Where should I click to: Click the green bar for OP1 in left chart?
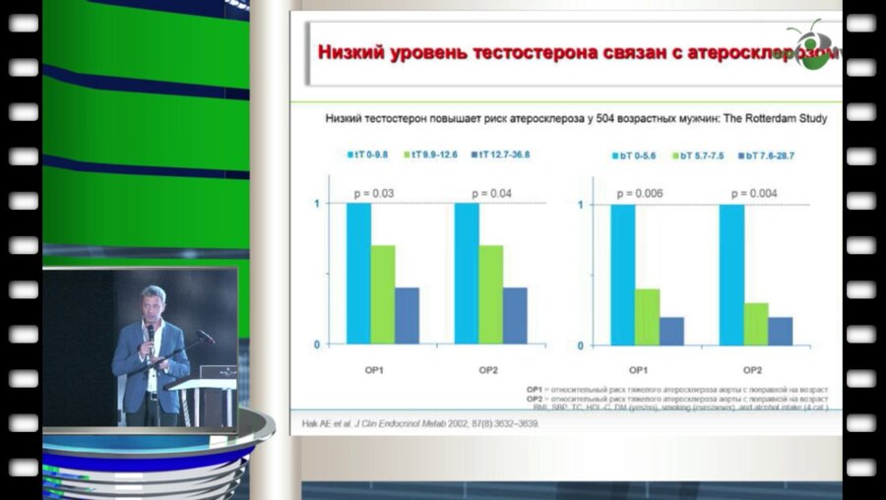coord(383,294)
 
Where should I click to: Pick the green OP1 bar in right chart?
coord(647,316)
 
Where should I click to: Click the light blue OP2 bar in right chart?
coord(731,275)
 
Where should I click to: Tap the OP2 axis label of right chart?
coord(753,369)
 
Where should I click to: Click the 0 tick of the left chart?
coord(315,344)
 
